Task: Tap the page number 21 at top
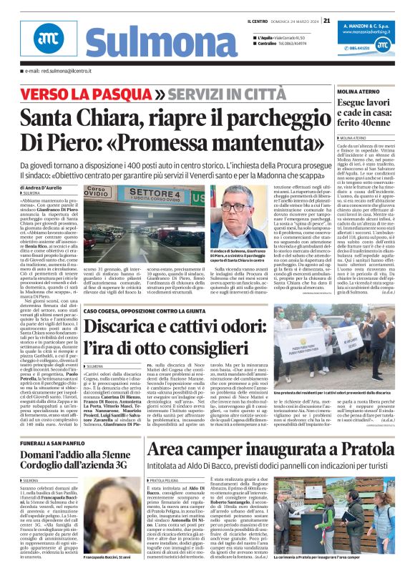[x=326, y=20]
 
